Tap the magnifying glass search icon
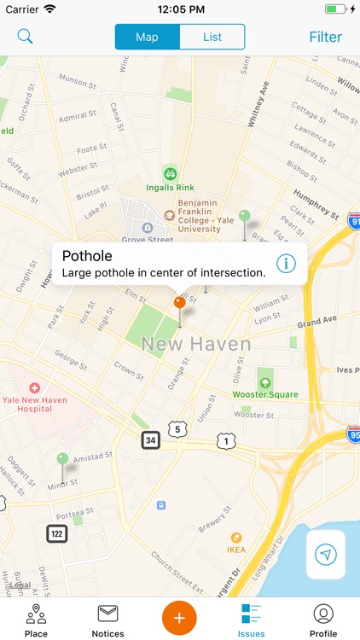click(26, 37)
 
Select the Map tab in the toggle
click(148, 37)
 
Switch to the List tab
click(212, 37)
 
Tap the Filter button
click(325, 37)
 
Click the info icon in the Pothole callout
click(286, 263)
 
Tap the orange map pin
click(179, 303)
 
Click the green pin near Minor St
click(62, 460)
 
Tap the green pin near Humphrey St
click(245, 217)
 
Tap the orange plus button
click(180, 617)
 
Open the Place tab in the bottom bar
click(36, 620)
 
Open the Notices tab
click(107, 620)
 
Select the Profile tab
click(323, 620)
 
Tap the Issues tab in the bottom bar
click(252, 620)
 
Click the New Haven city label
click(196, 345)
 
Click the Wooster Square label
click(265, 394)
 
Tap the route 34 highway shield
click(150, 440)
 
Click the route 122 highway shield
click(57, 534)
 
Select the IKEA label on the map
click(236, 550)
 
